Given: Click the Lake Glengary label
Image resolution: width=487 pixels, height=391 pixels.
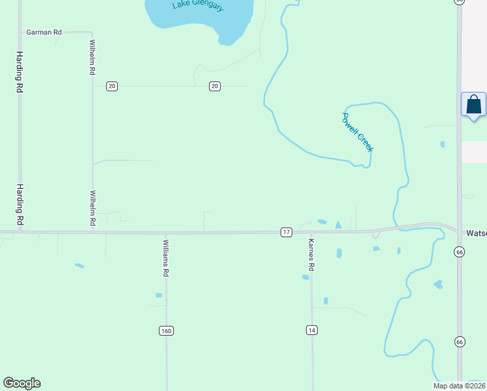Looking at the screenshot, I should click(x=199, y=6).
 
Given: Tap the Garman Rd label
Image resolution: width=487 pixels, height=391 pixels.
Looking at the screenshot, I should click(x=44, y=31).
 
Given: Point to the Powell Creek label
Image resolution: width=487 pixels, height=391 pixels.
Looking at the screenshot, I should click(x=357, y=132).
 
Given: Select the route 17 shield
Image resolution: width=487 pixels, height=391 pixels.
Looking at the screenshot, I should click(x=286, y=232).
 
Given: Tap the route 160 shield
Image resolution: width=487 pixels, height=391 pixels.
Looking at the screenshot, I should click(x=166, y=330).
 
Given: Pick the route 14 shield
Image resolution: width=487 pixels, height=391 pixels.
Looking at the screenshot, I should click(x=312, y=330).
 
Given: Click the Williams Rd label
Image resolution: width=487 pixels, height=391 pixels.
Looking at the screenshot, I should click(x=166, y=259).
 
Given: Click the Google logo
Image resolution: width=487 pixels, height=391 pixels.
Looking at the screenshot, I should click(x=21, y=383).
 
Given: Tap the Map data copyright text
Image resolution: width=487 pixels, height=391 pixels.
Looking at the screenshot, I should click(x=460, y=386).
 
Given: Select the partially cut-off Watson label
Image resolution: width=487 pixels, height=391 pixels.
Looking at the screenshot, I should click(x=477, y=233).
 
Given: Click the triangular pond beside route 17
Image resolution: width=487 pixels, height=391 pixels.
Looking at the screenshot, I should click(x=338, y=225).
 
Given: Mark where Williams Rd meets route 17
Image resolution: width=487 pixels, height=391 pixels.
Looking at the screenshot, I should click(x=166, y=233).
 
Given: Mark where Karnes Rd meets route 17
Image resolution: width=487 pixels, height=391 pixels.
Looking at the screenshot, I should click(x=311, y=232).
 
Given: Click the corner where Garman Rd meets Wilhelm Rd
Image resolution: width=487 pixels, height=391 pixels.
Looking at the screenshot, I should click(x=92, y=31).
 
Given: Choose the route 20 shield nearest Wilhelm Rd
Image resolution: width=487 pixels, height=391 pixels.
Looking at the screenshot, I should click(x=112, y=86).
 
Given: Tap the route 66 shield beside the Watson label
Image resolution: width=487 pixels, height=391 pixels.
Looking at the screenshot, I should click(x=460, y=252).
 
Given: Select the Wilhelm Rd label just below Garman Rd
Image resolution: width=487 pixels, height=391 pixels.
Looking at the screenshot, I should click(x=92, y=57).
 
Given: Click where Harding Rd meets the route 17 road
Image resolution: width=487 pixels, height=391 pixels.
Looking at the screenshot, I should click(x=20, y=231).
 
